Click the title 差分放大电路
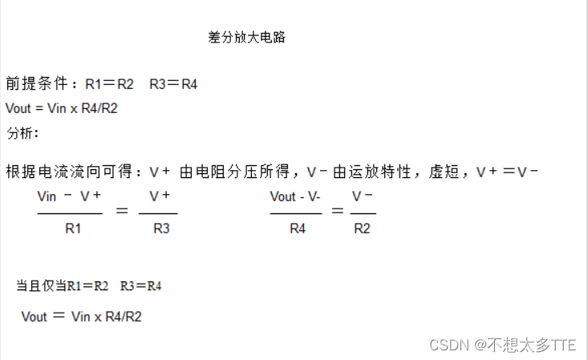click(x=246, y=38)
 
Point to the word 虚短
click(x=444, y=172)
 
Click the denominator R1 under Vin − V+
click(x=73, y=229)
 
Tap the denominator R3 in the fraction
click(x=161, y=229)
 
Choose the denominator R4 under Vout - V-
click(x=298, y=229)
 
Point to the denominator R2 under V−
click(x=363, y=229)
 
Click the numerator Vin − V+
click(x=70, y=196)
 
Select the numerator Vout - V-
click(x=295, y=196)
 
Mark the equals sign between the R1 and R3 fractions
click(x=122, y=211)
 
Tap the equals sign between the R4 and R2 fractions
click(x=337, y=211)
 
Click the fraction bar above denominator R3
click(x=158, y=213)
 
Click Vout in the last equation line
click(x=34, y=317)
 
